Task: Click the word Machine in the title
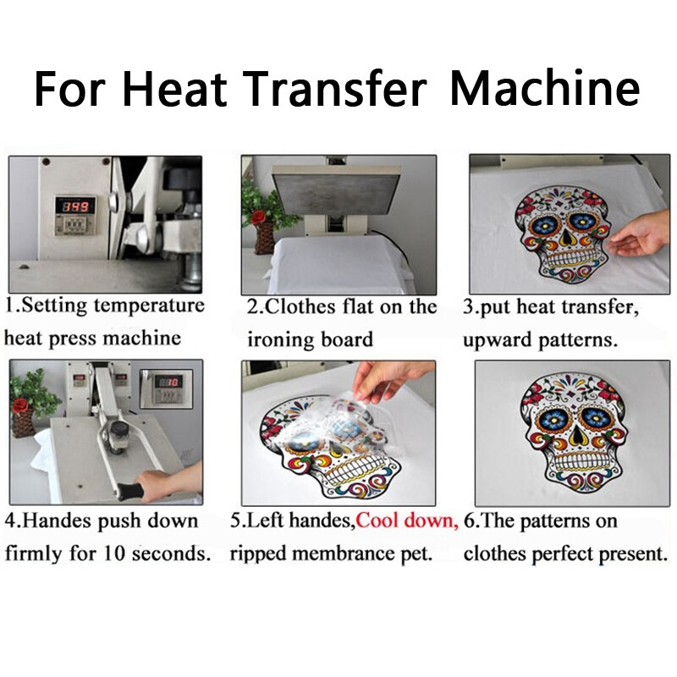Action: [x=544, y=88]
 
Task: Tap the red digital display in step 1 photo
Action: [x=73, y=206]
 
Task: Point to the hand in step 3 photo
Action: [x=641, y=235]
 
